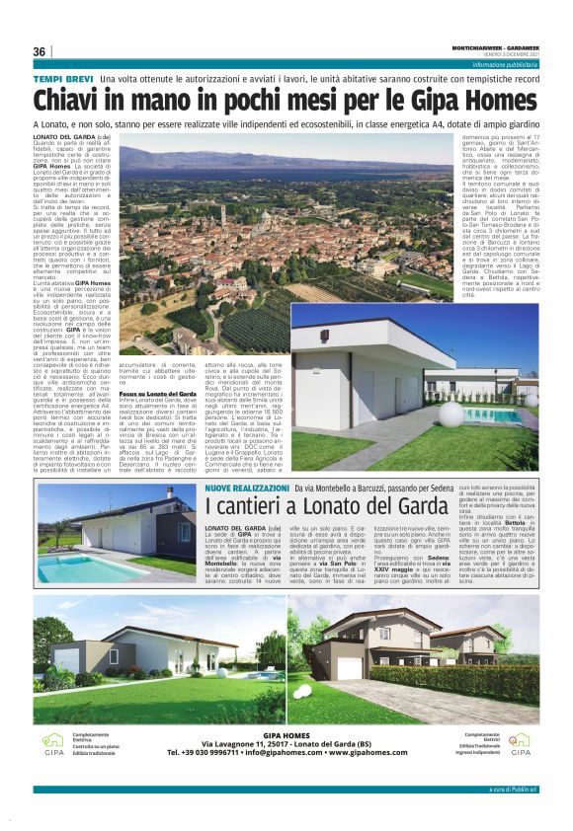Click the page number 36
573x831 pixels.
click(x=39, y=51)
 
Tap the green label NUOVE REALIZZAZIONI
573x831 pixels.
click(x=247, y=488)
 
